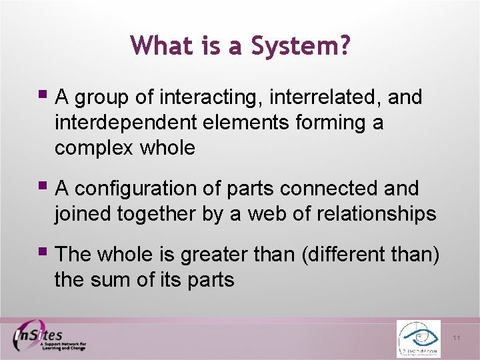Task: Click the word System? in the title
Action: click(300, 45)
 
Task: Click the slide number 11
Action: click(457, 338)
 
